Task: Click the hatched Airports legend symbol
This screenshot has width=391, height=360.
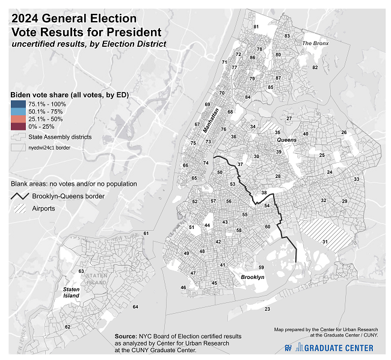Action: click(x=20, y=209)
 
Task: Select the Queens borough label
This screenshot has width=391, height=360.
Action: click(x=286, y=139)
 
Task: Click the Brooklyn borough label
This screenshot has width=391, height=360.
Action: click(x=253, y=277)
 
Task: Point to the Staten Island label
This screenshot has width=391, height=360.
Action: click(x=72, y=292)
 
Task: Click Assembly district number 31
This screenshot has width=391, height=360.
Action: click(x=325, y=242)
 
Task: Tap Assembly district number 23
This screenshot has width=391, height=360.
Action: click(x=266, y=309)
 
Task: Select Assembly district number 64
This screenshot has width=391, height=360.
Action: click(x=135, y=307)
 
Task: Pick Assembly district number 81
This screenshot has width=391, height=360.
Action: click(x=256, y=27)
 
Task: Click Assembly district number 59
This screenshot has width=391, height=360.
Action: click(x=261, y=267)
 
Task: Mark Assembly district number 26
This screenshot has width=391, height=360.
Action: click(x=344, y=132)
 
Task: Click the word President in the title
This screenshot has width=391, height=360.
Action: click(x=133, y=32)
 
